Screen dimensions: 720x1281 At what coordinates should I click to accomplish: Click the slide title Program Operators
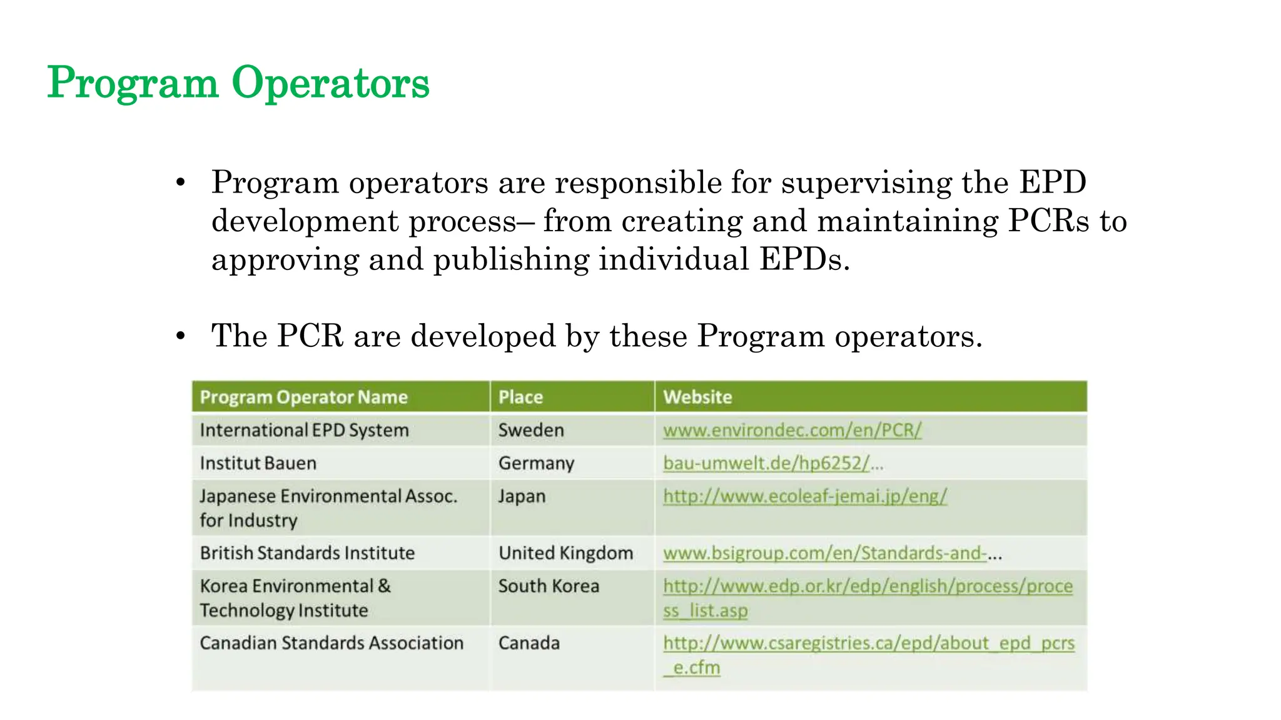(x=238, y=82)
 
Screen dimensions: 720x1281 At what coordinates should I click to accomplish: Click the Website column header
(x=697, y=397)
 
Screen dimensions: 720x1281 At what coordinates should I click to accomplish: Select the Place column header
(x=520, y=397)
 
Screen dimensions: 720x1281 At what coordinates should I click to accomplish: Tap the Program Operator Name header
(x=303, y=397)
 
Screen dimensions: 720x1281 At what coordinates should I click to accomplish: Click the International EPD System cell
(x=304, y=430)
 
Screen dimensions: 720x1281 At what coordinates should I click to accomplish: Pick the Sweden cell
(x=531, y=430)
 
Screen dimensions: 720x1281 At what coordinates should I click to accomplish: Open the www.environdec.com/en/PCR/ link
(x=792, y=430)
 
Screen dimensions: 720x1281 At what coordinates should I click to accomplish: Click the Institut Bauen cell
(x=258, y=463)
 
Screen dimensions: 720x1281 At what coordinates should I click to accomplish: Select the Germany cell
(x=536, y=463)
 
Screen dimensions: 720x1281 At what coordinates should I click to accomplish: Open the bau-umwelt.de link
(x=766, y=463)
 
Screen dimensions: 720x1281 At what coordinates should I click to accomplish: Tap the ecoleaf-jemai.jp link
(x=805, y=496)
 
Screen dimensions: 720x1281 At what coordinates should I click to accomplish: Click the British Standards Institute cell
(x=307, y=553)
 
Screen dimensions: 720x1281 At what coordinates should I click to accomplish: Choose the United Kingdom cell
(x=565, y=553)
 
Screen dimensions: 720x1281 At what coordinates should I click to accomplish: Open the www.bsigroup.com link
(x=824, y=553)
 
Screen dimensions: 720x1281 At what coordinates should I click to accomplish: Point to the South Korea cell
(x=549, y=586)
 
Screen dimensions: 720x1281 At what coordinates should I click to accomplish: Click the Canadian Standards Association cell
(x=332, y=643)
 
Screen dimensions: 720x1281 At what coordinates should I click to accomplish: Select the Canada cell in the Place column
(x=529, y=643)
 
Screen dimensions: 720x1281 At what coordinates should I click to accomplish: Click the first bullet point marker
(x=181, y=182)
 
